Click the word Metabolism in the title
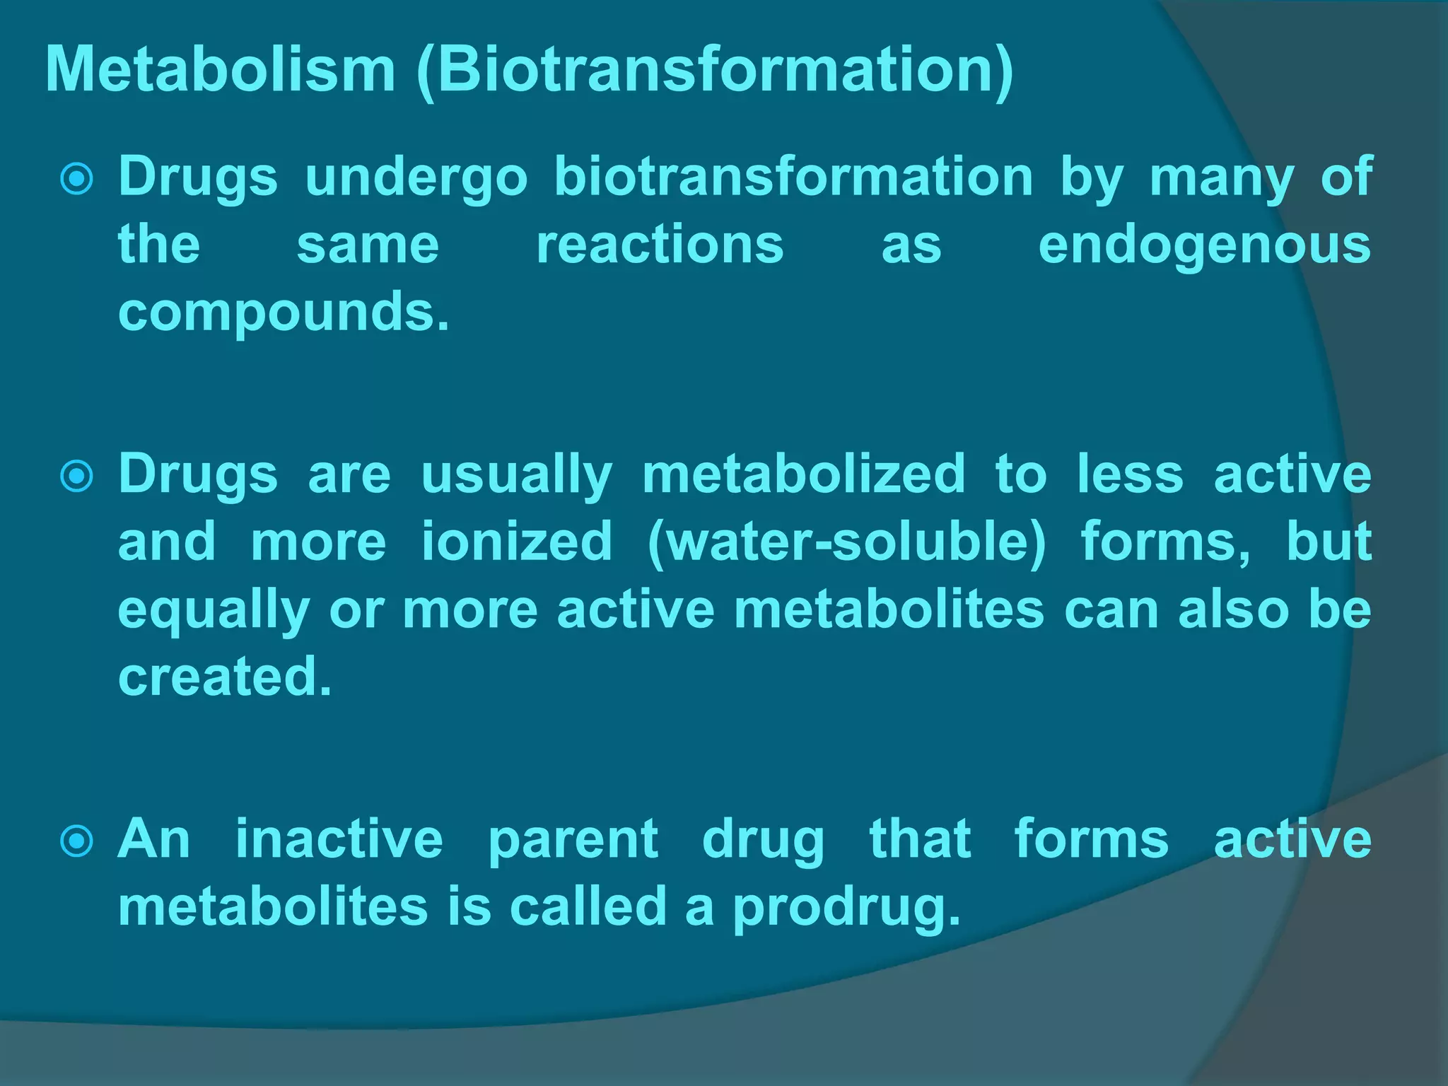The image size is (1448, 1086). (x=220, y=69)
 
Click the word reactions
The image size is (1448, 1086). (x=660, y=245)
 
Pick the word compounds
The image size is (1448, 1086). (x=283, y=313)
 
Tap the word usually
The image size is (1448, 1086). (x=516, y=476)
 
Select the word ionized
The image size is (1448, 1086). (x=516, y=542)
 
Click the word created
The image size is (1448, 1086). (x=224, y=677)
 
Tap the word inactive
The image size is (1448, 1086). (x=339, y=839)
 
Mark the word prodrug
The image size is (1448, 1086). (x=846, y=909)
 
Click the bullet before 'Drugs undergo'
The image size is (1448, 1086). (x=76, y=179)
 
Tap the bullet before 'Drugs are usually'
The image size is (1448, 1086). (x=76, y=476)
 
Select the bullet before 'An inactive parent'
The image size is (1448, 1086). (x=76, y=841)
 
